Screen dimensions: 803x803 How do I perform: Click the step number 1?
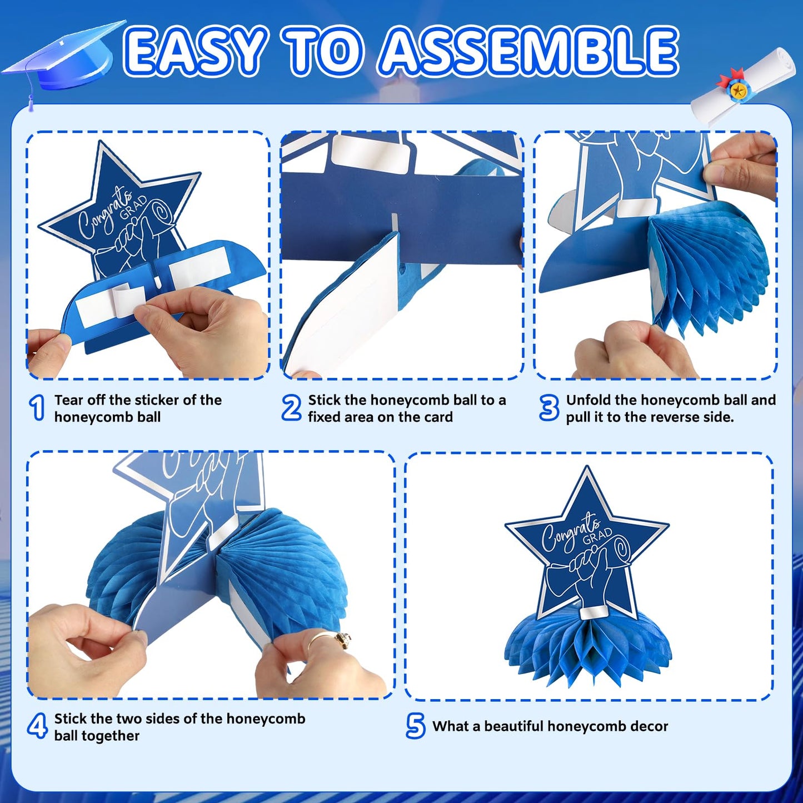point(37,408)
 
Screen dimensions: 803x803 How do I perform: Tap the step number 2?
point(291,408)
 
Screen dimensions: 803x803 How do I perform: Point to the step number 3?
point(549,408)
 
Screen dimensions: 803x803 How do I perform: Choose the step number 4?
point(37,726)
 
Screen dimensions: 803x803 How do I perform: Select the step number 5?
point(416,726)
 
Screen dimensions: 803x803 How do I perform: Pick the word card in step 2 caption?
point(437,417)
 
